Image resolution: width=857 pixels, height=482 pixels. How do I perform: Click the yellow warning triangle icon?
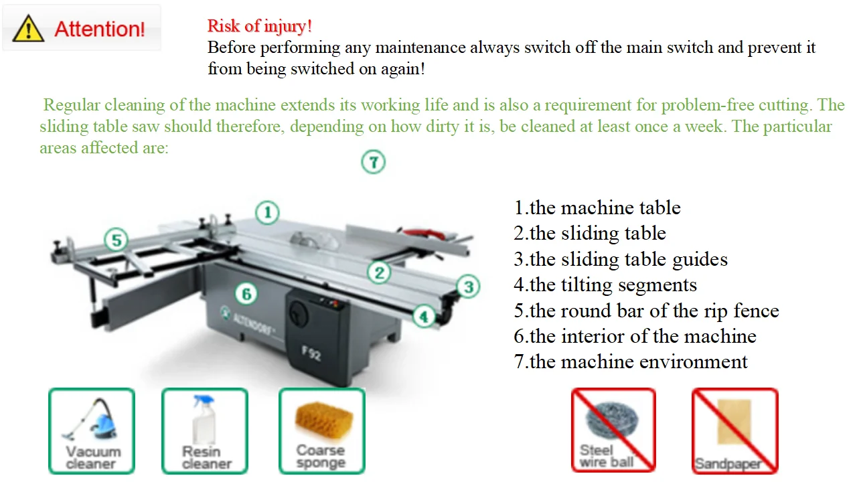coord(29,29)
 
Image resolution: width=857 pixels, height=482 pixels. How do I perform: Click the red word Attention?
coord(99,29)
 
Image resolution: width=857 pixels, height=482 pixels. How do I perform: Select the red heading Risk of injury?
coord(259,26)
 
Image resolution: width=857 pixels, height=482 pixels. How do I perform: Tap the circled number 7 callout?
coord(374,162)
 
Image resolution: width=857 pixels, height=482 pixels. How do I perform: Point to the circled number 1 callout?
coord(268,213)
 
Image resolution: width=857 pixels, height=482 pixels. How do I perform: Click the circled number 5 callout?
coord(116,240)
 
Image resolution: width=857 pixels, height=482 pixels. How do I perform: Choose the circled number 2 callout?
coord(379,272)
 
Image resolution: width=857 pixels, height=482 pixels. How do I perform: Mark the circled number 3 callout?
coord(468,287)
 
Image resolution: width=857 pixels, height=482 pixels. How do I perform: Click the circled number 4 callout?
coord(423,316)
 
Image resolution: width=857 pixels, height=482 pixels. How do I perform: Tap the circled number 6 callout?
coord(246,294)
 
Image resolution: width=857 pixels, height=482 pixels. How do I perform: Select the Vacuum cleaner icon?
coord(92,431)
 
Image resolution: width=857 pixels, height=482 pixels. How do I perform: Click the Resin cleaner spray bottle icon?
coord(205,431)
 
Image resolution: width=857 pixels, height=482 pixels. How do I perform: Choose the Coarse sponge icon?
coord(322,431)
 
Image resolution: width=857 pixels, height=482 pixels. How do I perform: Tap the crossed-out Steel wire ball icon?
coord(613,430)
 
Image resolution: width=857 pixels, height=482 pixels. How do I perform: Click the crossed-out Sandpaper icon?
coord(734,430)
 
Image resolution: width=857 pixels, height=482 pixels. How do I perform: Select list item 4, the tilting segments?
coord(605,285)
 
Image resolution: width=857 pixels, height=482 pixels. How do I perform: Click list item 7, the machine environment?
coord(630,362)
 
